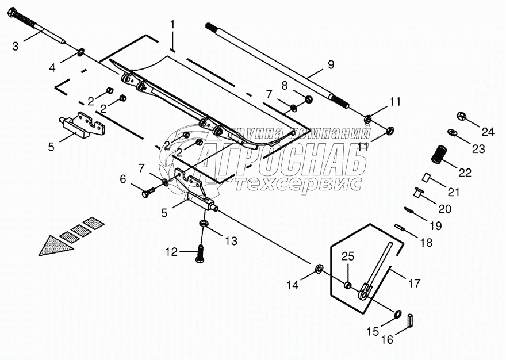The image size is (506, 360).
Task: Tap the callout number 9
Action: click(331, 65)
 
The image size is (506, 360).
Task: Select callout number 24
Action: click(488, 132)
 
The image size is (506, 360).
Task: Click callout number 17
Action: click(414, 283)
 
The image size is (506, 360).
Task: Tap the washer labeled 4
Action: click(82, 54)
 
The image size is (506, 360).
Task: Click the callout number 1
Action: click(171, 25)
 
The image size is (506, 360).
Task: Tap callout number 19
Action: click(436, 226)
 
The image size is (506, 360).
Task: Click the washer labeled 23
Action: click(453, 133)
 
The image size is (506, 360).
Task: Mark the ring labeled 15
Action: click(397, 313)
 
